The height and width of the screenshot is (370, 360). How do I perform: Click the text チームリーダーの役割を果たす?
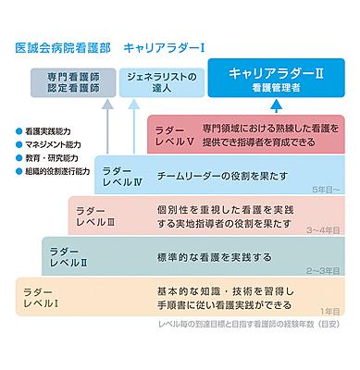pyautogui.click(x=229, y=176)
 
